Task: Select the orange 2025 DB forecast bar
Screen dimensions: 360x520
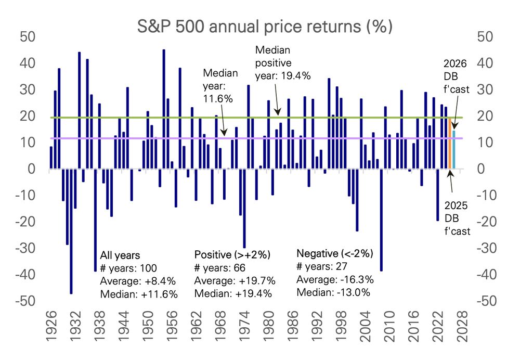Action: [x=450, y=143]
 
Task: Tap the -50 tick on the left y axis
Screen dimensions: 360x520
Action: [x=27, y=301]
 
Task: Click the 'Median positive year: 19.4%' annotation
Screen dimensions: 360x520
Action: [x=282, y=62]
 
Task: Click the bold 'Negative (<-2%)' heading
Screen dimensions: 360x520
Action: [x=335, y=254]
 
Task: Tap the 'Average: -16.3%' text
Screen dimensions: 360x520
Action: [x=335, y=279]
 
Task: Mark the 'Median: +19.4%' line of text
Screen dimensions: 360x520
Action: [x=235, y=293]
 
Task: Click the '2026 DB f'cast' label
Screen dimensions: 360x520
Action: [x=456, y=76]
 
